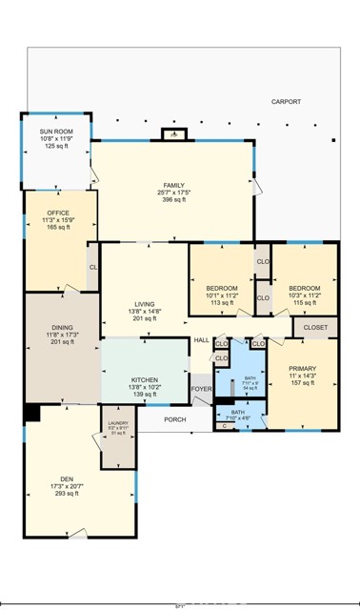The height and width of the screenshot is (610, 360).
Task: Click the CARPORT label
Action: coord(286,101)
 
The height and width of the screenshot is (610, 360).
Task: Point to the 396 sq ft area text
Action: coord(172,200)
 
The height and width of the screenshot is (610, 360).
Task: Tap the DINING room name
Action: coord(60,326)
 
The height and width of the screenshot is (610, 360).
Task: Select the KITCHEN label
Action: coord(145,379)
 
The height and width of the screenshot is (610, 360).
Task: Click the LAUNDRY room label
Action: coord(118,422)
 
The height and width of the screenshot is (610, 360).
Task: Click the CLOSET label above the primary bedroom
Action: coord(315,327)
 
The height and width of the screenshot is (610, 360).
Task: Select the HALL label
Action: coord(201,340)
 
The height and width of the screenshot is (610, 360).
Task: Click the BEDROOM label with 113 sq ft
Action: coord(222,288)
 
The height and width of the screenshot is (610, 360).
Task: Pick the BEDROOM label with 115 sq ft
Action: coord(304,288)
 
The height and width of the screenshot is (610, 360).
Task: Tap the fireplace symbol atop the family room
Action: coord(171,134)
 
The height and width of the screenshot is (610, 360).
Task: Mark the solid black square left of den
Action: coord(30,413)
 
